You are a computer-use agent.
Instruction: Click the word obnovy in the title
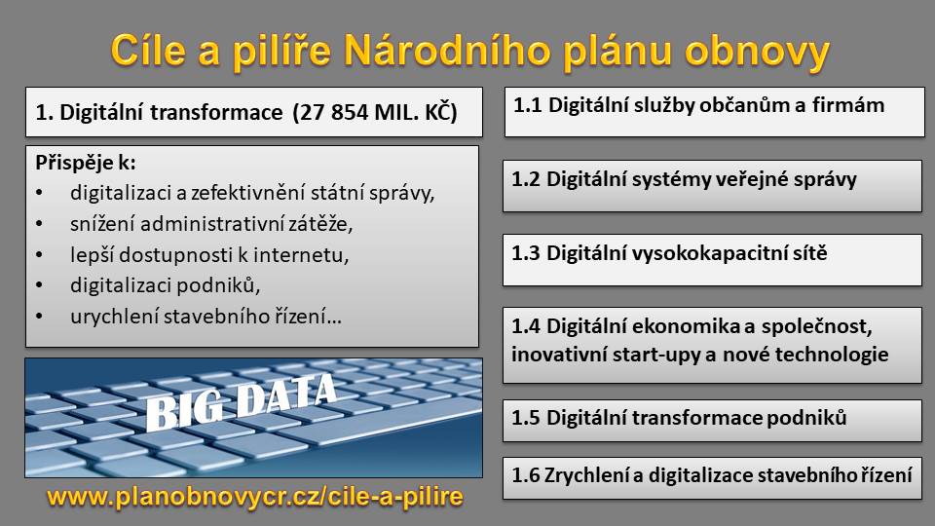[x=757, y=52]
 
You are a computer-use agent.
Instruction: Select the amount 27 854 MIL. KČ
[x=374, y=112]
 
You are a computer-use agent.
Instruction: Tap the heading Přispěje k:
[x=86, y=163]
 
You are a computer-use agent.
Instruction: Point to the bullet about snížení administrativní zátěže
[x=211, y=224]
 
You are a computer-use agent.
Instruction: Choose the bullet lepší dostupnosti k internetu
[x=209, y=254]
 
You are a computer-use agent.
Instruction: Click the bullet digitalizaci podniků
[x=166, y=285]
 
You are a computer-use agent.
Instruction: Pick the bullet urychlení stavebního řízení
[x=206, y=316]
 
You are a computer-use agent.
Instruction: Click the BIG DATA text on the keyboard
[x=242, y=402]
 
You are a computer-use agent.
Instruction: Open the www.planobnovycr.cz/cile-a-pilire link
[x=254, y=497]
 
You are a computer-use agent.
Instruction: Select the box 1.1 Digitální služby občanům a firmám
[x=714, y=112]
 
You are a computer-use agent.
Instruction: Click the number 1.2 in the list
[x=526, y=179]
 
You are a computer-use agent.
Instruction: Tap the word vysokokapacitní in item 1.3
[x=679, y=253]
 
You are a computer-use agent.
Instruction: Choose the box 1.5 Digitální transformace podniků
[x=712, y=421]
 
